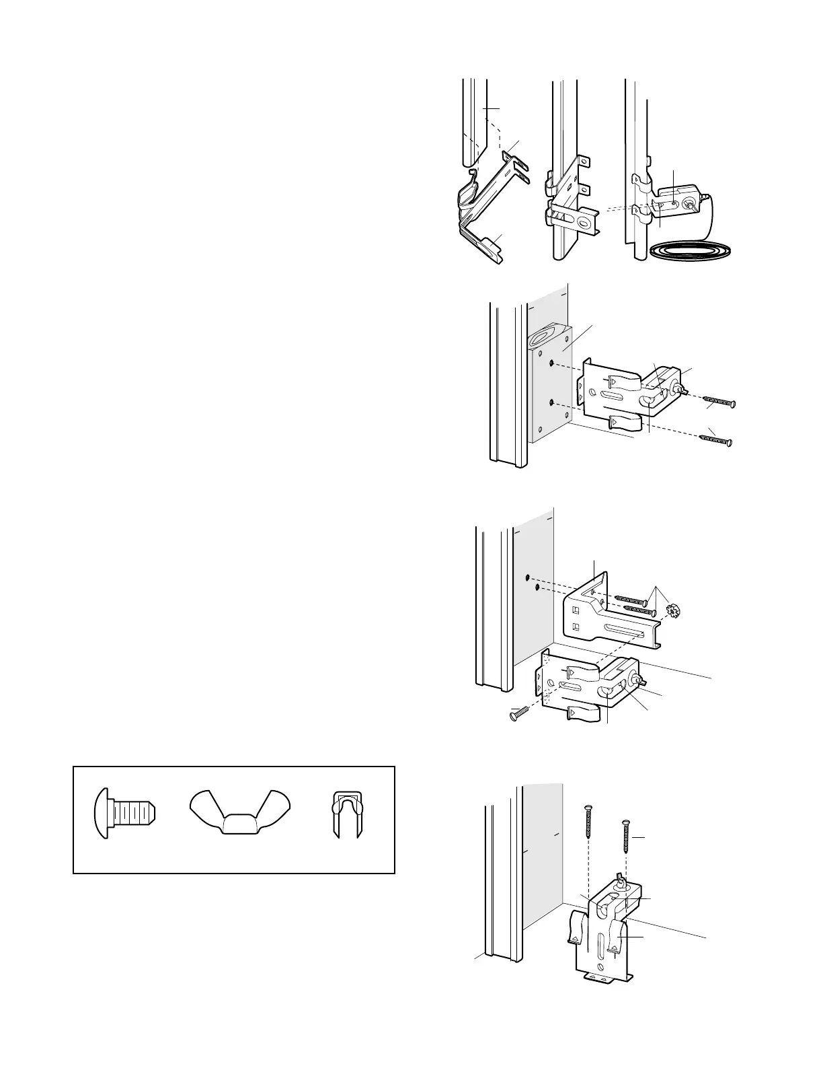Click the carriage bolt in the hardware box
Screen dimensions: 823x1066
click(124, 812)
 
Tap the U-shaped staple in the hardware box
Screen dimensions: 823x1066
click(348, 814)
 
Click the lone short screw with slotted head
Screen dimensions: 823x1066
click(518, 714)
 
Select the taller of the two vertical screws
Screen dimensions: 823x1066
click(588, 832)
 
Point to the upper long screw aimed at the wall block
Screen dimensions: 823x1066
click(719, 402)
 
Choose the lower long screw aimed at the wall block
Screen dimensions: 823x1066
click(715, 439)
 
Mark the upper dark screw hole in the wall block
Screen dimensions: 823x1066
click(551, 363)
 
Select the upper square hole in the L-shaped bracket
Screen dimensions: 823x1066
click(574, 612)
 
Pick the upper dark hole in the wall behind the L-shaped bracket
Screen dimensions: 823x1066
click(528, 577)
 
